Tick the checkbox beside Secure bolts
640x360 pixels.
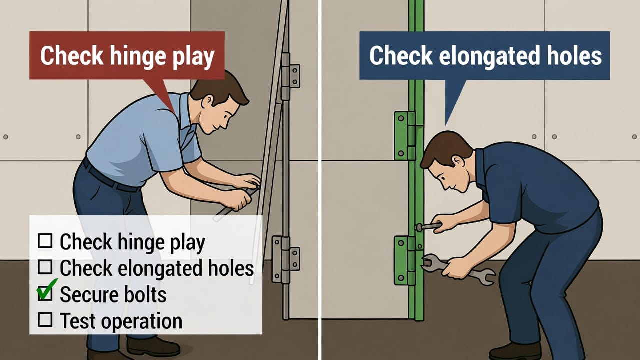pos(45,293)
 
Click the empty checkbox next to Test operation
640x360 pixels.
pos(45,319)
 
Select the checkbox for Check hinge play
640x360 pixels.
pos(45,241)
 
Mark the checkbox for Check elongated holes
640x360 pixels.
pos(45,267)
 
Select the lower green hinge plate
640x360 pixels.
pos(405,261)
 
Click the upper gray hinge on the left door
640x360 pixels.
pos(290,76)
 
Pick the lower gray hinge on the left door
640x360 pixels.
pos(285,259)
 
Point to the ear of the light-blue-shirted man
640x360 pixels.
pos(207,101)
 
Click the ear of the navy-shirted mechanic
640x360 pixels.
pos(459,161)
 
